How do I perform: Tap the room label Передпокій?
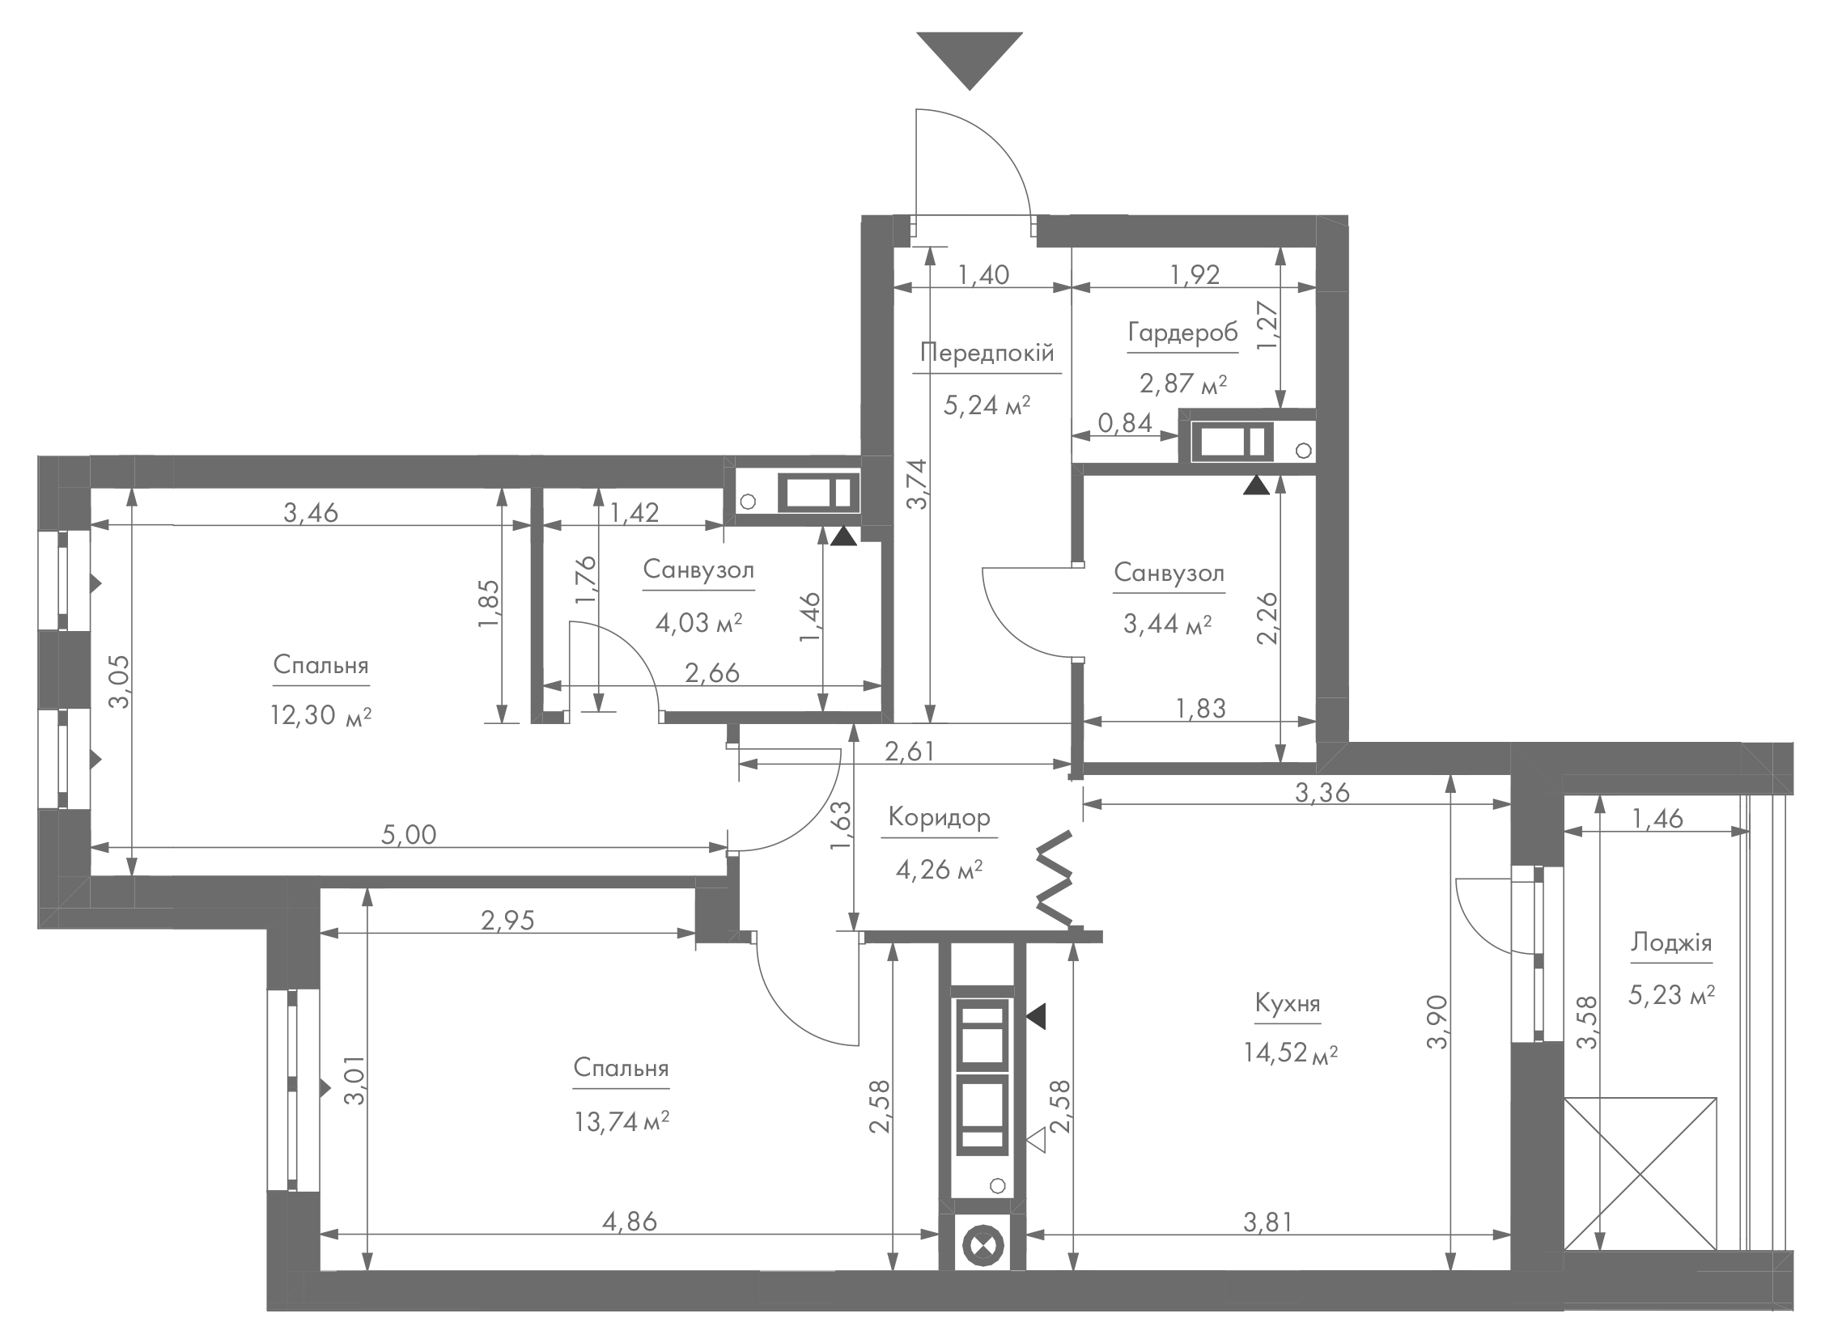(x=987, y=353)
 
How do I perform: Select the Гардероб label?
(x=1182, y=333)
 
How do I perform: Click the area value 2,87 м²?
(x=1182, y=383)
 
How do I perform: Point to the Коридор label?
(x=939, y=817)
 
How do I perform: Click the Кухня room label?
(x=1288, y=1003)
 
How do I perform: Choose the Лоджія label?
(x=1671, y=943)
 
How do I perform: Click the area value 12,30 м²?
(x=321, y=715)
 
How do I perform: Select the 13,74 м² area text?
(x=622, y=1123)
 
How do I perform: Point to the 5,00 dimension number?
(x=409, y=835)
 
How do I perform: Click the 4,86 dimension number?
(x=630, y=1221)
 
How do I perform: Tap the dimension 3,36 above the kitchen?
(x=1322, y=792)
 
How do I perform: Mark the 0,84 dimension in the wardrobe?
(x=1126, y=423)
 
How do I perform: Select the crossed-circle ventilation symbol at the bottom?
(x=983, y=1246)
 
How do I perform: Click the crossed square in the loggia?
(x=1640, y=1184)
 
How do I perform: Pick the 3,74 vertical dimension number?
(x=917, y=485)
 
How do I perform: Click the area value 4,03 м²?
(x=698, y=624)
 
